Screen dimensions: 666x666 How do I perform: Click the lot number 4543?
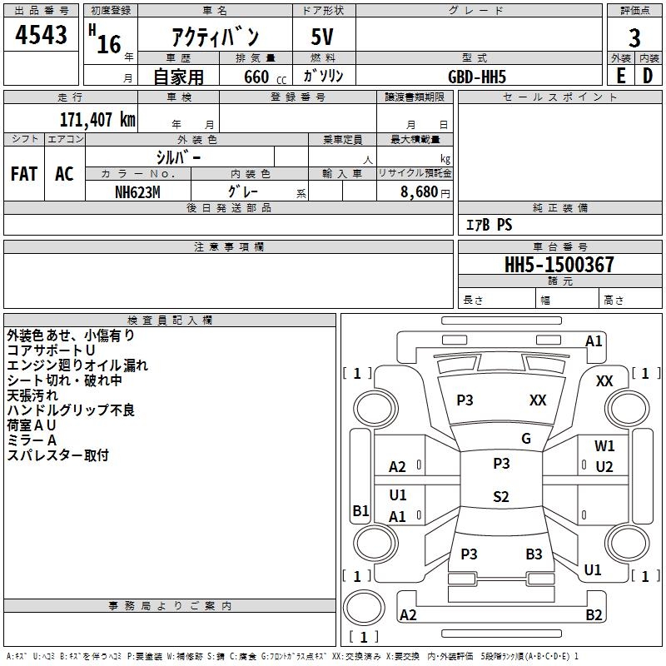tap(42, 36)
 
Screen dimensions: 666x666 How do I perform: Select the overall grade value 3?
tap(634, 37)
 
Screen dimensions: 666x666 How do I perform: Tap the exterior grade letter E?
tap(620, 75)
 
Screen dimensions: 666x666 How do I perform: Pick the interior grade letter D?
tap(648, 75)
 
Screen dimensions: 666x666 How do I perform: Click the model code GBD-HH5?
tap(477, 77)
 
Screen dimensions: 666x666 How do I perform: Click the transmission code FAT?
tap(23, 174)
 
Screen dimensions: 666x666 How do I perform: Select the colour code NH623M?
tap(137, 191)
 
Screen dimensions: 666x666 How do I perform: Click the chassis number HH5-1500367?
tap(559, 265)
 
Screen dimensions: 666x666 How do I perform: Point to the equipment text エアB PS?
tap(489, 225)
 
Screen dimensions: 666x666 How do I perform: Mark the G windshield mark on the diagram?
tap(526, 439)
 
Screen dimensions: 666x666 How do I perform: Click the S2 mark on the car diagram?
tap(500, 497)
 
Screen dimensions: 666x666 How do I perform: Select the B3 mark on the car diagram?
tap(534, 554)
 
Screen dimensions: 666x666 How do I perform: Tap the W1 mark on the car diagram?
tap(604, 446)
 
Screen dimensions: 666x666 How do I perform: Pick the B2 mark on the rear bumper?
tap(594, 615)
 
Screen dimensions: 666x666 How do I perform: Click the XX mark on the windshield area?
tap(538, 400)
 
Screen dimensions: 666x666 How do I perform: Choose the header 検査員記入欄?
tap(170, 321)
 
